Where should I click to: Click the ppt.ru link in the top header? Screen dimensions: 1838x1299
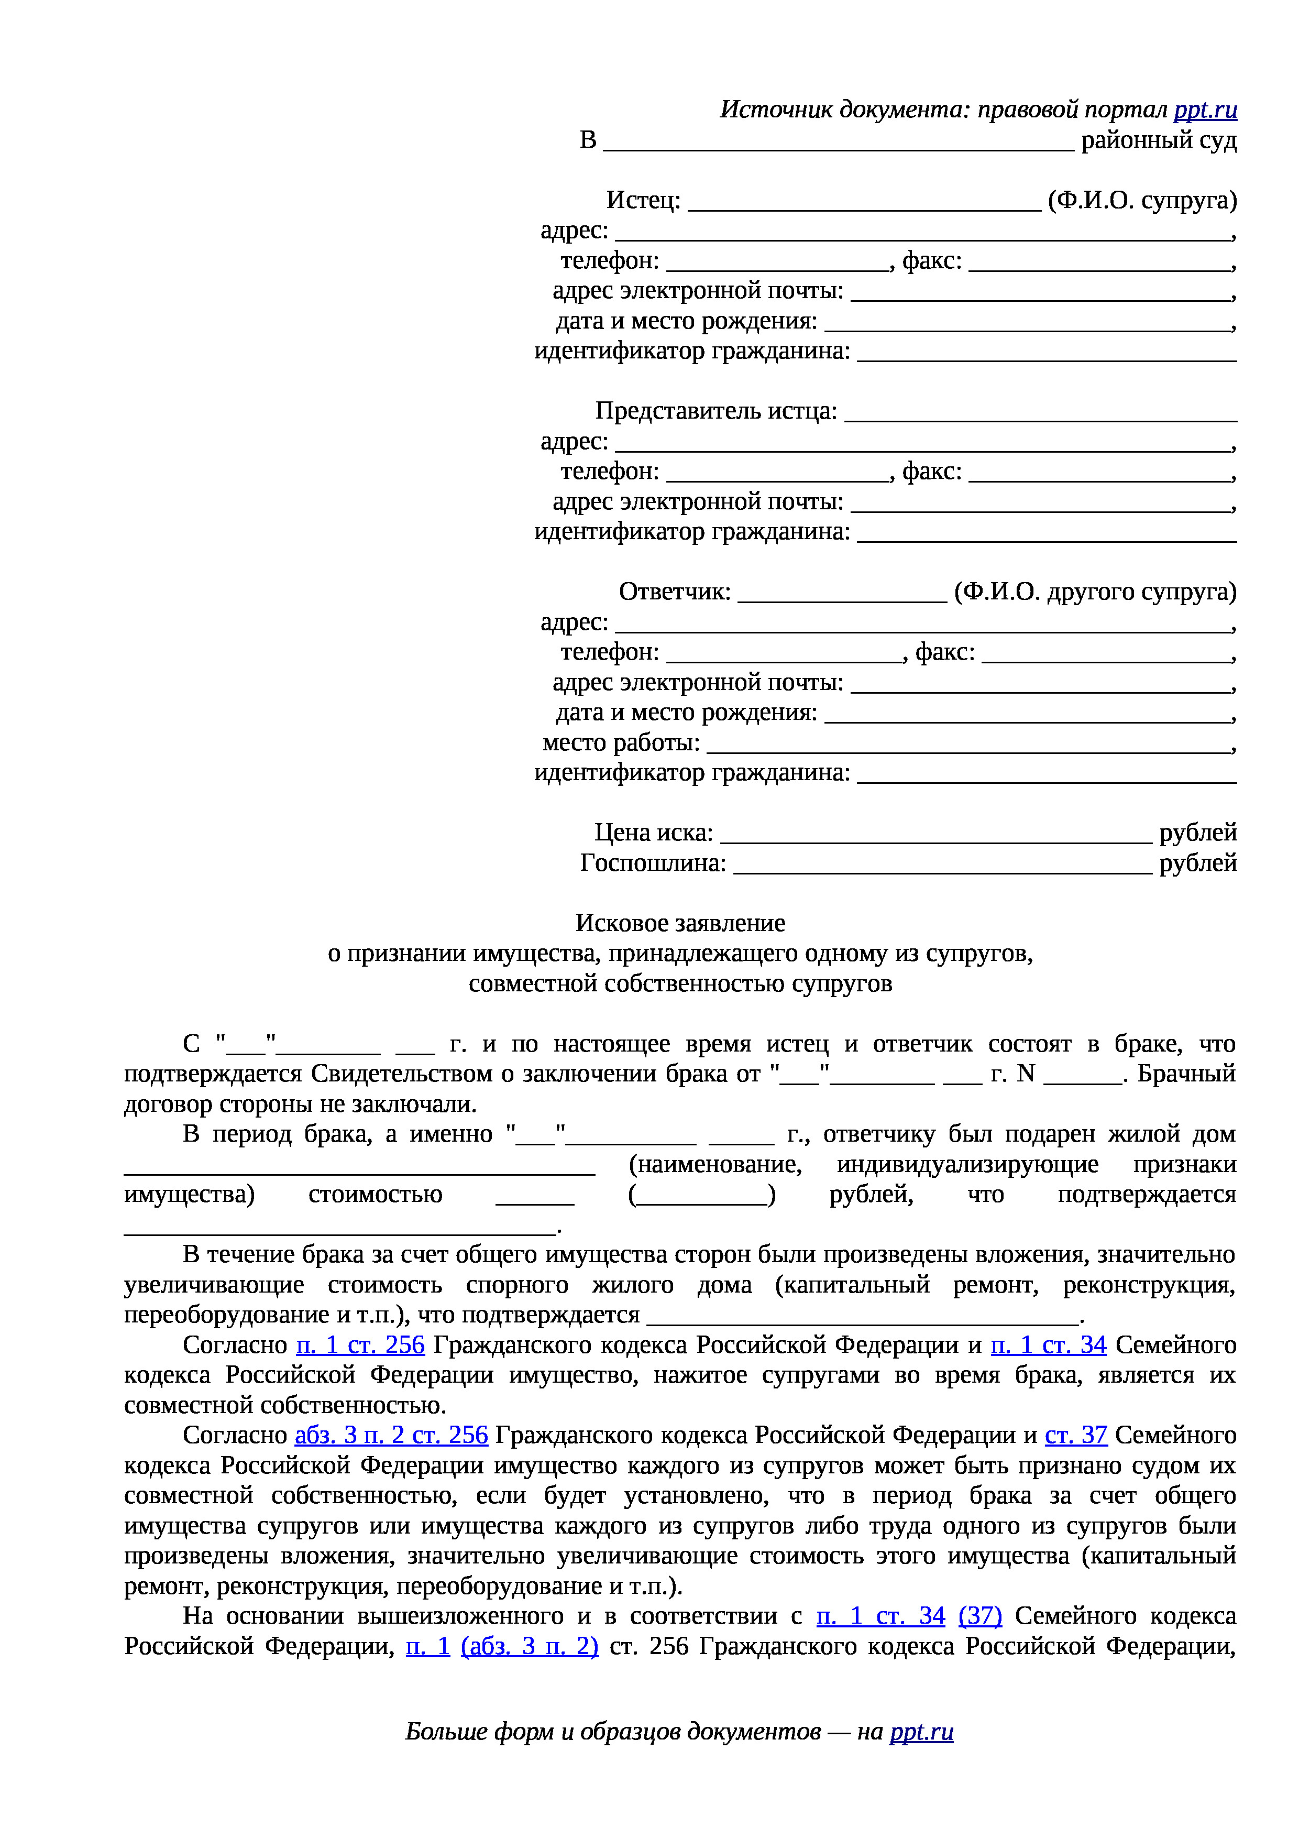click(1205, 110)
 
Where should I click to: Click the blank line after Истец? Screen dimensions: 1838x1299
click(864, 203)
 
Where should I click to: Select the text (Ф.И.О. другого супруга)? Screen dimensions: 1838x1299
click(1095, 592)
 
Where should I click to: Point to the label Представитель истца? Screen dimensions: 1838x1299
click(715, 411)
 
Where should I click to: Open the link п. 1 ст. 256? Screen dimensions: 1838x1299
click(360, 1345)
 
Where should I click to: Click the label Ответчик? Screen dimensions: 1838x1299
click(674, 592)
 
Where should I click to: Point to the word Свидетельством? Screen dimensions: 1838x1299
click(401, 1074)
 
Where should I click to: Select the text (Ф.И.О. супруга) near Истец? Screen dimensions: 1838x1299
click(1142, 200)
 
